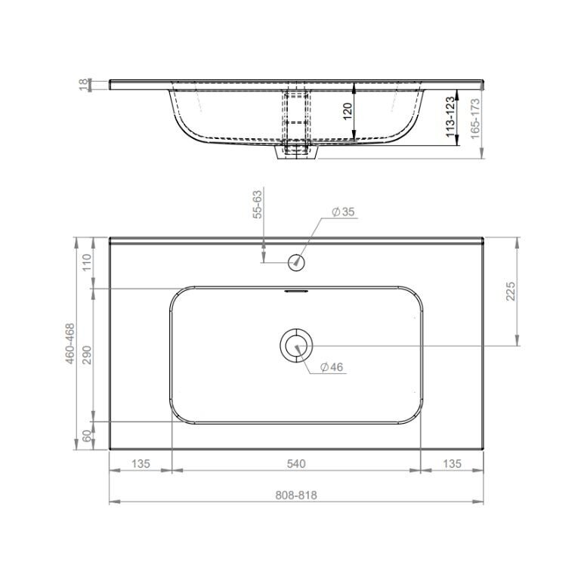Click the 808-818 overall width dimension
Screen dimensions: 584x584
click(x=296, y=496)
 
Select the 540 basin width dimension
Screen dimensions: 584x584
click(x=296, y=464)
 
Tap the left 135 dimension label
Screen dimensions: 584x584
click(x=141, y=464)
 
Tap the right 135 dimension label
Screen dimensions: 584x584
click(x=452, y=464)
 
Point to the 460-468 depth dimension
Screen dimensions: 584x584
click(x=70, y=344)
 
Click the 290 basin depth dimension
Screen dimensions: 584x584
click(x=86, y=355)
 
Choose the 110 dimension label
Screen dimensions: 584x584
click(x=86, y=263)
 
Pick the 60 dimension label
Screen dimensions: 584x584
click(x=86, y=436)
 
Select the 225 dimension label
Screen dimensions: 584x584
click(x=511, y=292)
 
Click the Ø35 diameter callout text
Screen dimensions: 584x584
click(x=343, y=212)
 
